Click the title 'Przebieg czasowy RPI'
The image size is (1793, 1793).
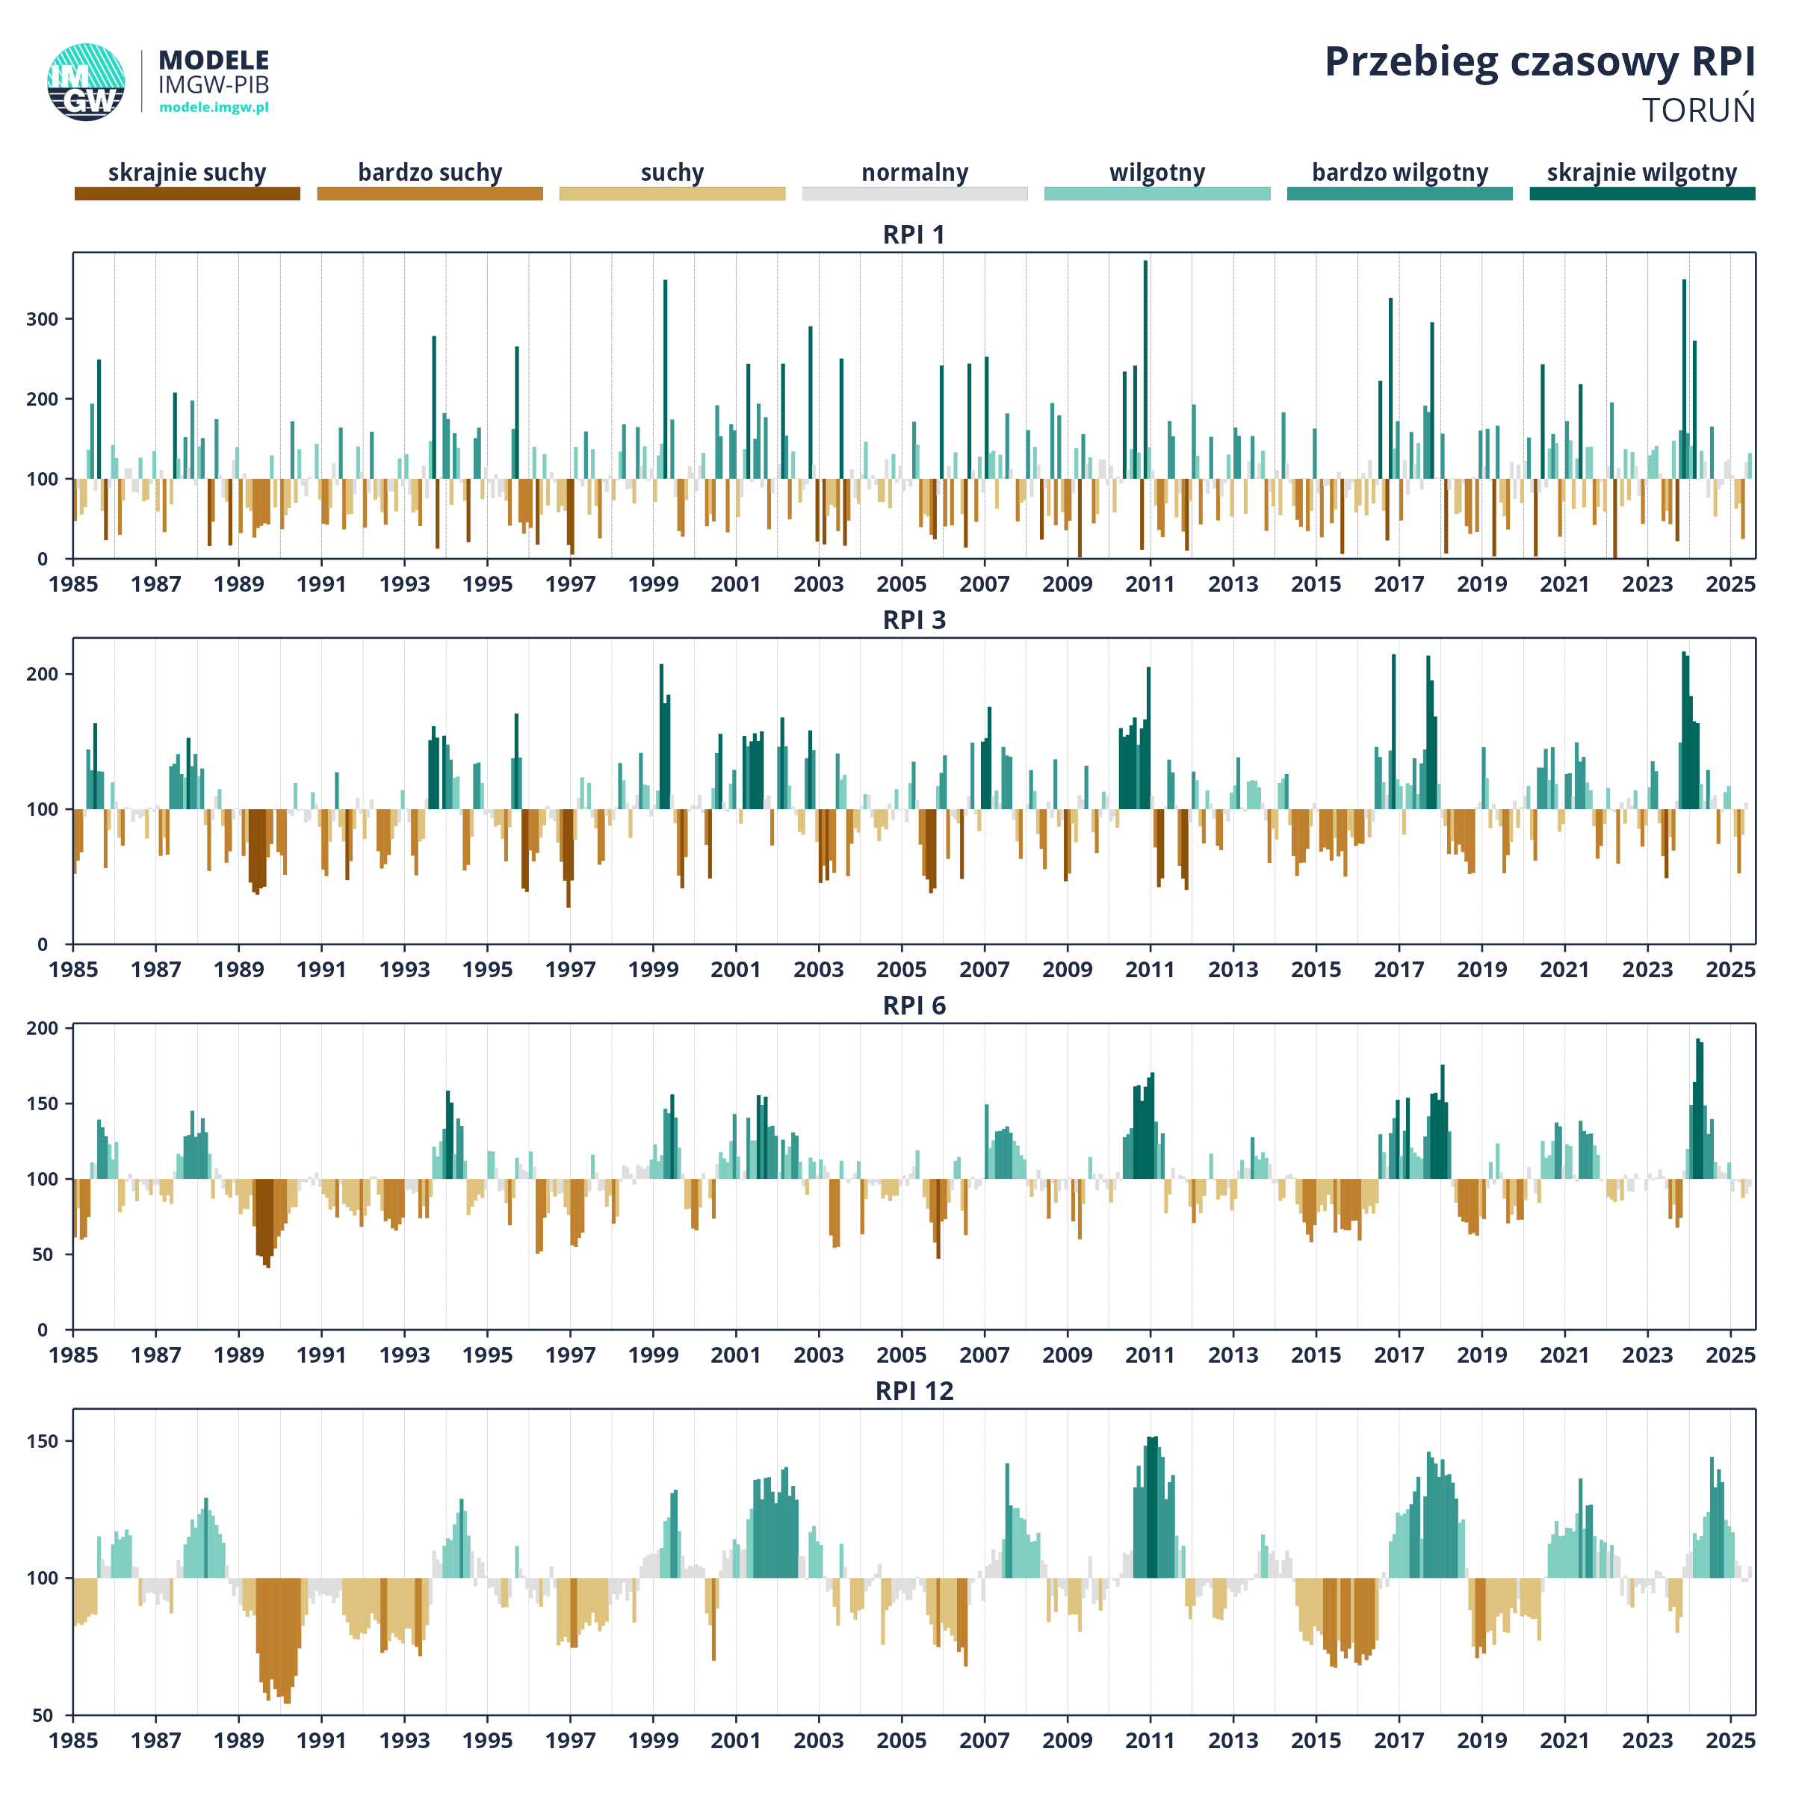coord(1539,63)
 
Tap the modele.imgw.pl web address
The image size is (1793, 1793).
coord(214,108)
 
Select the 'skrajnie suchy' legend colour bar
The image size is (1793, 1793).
coord(188,193)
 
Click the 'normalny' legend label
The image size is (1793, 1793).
coord(915,173)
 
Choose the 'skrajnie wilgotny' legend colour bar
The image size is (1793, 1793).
coord(1642,193)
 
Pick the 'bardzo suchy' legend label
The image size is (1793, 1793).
coord(430,173)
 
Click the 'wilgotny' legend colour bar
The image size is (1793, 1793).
coord(1157,193)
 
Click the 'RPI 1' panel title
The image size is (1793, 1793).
coord(914,235)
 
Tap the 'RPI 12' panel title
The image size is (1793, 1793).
coord(914,1391)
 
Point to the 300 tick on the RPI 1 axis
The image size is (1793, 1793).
coord(42,319)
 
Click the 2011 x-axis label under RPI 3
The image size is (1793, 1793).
coord(1150,970)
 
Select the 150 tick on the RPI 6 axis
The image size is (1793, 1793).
coord(42,1103)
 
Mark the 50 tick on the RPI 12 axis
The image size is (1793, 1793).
coord(43,1715)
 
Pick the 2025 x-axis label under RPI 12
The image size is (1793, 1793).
coord(1730,1741)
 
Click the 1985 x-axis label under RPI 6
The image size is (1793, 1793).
coord(73,1355)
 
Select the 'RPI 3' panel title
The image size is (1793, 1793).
coord(914,620)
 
